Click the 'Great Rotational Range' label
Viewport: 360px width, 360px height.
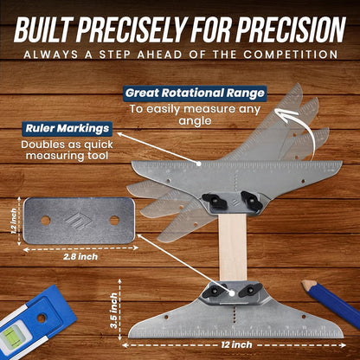point(194,93)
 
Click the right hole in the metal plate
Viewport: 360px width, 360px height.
point(113,220)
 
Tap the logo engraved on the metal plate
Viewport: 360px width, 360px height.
point(80,220)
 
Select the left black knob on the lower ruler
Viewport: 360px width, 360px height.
point(214,289)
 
